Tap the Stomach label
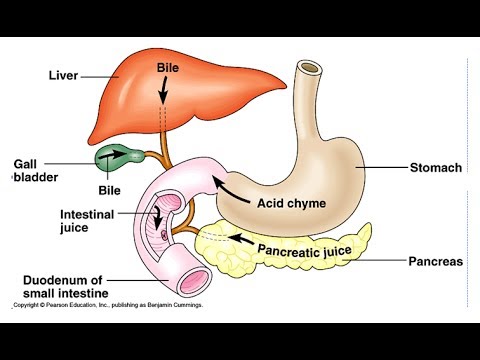tap(437, 168)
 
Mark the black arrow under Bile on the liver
tap(167, 92)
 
